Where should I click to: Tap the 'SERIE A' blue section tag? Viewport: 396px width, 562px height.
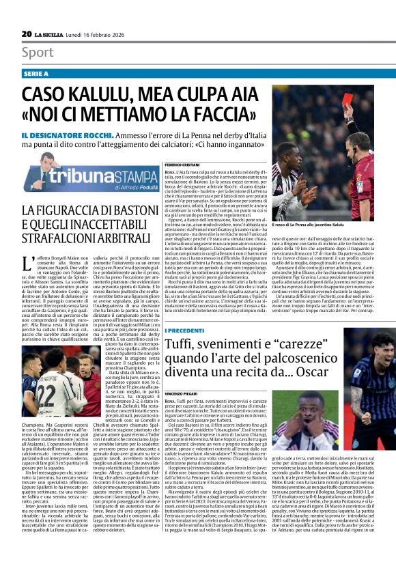click(36, 73)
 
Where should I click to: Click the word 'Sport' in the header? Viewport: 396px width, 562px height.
click(38, 53)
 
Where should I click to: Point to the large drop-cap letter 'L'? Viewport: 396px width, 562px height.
click(27, 263)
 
